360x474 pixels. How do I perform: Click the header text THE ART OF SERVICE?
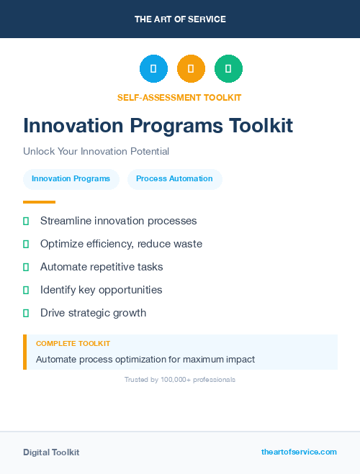click(180, 19)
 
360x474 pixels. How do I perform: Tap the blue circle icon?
click(153, 69)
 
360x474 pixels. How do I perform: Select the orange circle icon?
click(191, 69)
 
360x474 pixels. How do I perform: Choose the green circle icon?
click(228, 69)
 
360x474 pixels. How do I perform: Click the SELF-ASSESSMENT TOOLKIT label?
click(179, 97)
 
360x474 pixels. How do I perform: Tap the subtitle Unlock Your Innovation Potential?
click(96, 152)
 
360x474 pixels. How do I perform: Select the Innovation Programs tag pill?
click(71, 179)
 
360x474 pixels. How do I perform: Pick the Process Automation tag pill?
click(174, 179)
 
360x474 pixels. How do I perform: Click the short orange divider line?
click(39, 202)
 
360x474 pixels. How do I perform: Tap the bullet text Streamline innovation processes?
click(118, 221)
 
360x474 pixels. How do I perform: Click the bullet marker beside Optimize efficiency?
click(26, 245)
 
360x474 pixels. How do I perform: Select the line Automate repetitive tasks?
click(102, 267)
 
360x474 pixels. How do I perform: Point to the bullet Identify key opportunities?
click(101, 290)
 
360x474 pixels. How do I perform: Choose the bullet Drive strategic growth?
click(93, 313)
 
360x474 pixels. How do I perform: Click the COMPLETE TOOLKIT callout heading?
click(73, 344)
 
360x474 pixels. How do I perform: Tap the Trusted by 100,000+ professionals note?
click(179, 379)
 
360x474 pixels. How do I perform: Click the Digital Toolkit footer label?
click(51, 452)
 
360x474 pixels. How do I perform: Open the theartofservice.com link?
click(299, 452)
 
